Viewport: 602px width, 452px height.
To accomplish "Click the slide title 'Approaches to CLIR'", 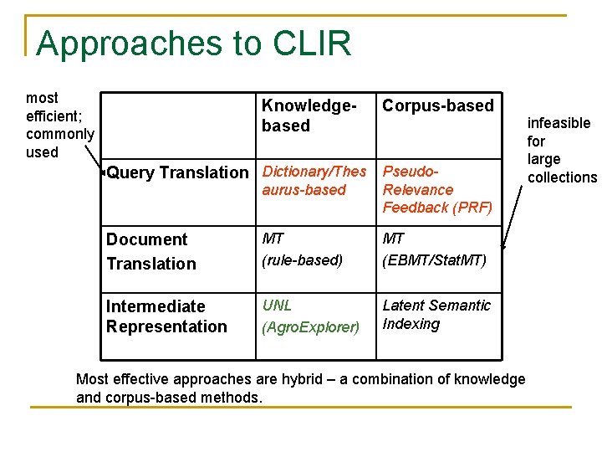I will coord(193,44).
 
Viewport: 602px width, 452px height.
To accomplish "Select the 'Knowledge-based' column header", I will coord(309,116).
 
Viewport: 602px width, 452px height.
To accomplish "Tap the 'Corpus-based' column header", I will coord(437,105).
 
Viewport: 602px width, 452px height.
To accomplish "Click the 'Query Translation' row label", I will coord(177,173).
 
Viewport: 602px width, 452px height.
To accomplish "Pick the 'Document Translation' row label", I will coord(150,252).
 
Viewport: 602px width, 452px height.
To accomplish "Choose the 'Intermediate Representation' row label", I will coord(166,316).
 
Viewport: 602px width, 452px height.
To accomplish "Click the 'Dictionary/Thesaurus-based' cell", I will coord(314,181).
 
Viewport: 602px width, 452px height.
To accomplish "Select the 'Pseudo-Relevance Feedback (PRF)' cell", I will coord(437,189).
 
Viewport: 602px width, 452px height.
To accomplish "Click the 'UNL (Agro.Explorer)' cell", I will coord(309,316).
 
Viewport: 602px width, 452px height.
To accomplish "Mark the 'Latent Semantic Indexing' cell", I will coord(436,315).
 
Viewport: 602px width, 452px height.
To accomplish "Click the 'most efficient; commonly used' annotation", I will coord(59,126).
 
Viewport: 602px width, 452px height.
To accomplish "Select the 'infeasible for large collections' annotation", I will coord(561,150).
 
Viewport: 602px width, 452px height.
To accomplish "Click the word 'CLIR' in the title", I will coord(310,44).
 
